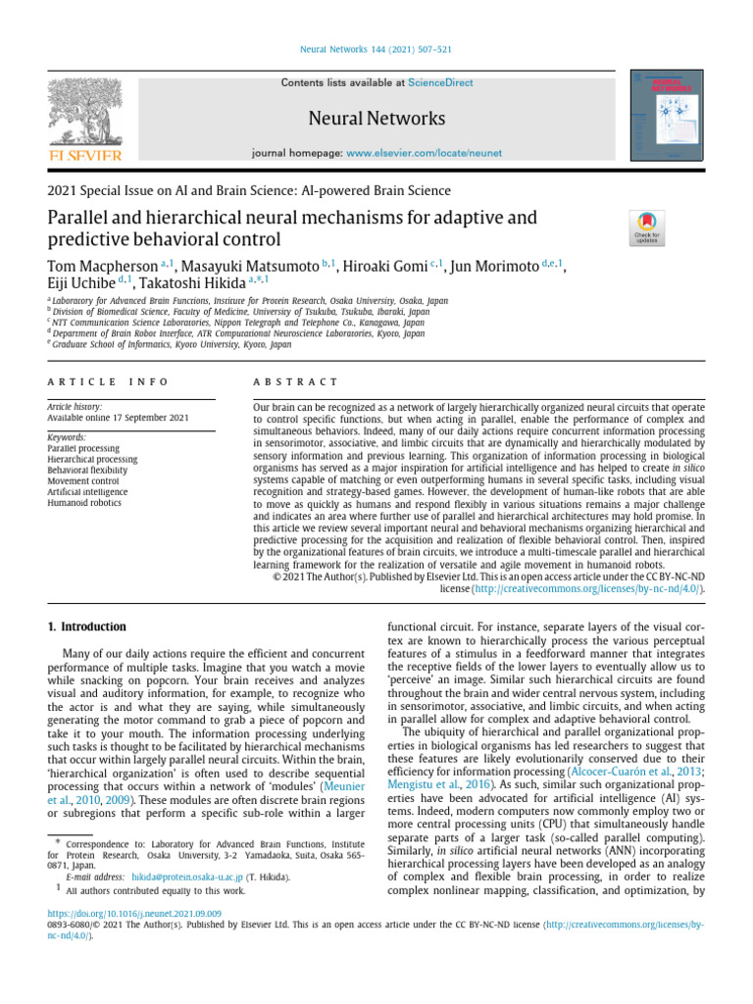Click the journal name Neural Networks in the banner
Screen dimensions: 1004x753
pyautogui.click(x=376, y=119)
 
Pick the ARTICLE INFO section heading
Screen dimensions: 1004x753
pyautogui.click(x=101, y=381)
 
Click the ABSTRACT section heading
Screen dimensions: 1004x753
pyautogui.click(x=294, y=381)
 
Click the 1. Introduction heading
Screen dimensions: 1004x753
pyautogui.click(x=87, y=627)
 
